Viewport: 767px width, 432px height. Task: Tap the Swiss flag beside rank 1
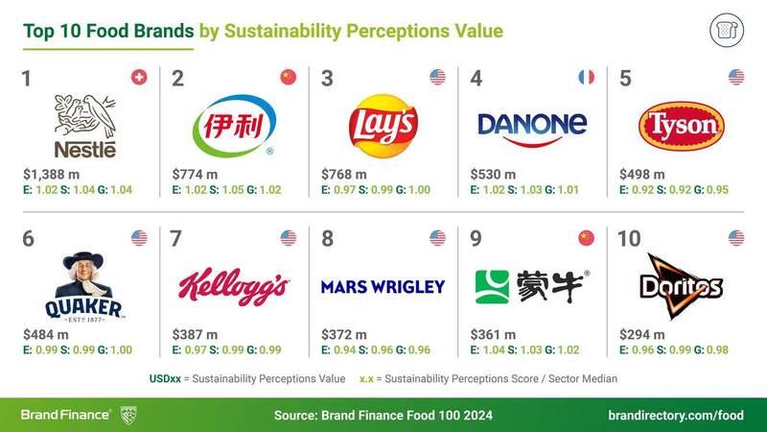tap(138, 77)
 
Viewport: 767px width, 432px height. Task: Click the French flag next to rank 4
tap(587, 77)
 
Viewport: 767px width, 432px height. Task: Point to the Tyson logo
tap(681, 126)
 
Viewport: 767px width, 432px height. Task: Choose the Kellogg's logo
tap(234, 285)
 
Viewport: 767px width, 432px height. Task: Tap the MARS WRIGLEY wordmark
tap(383, 286)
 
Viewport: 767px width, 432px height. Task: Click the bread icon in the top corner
tap(728, 31)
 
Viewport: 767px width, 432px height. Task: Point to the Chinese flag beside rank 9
tap(587, 237)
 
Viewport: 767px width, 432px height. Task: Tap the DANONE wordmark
tap(532, 125)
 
